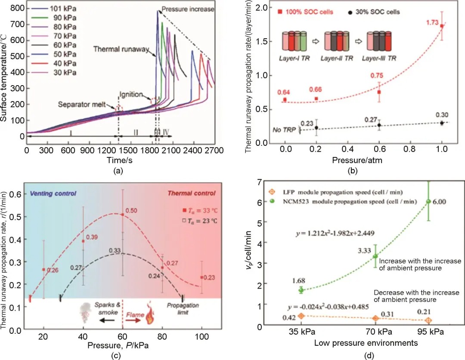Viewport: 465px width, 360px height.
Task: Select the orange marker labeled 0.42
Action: [302, 315]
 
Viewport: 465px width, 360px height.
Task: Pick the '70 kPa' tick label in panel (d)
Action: [375, 333]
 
